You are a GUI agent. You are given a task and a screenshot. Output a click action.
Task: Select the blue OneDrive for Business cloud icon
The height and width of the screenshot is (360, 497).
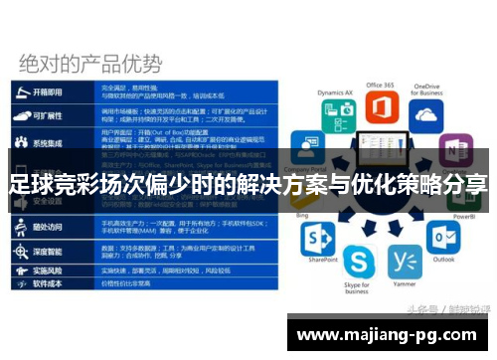(426, 114)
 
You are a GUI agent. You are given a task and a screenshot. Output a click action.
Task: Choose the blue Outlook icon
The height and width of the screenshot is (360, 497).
(443, 238)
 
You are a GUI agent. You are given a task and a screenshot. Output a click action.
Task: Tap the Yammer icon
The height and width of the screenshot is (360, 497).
(405, 263)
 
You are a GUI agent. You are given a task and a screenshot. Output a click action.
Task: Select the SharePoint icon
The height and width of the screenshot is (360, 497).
(319, 239)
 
